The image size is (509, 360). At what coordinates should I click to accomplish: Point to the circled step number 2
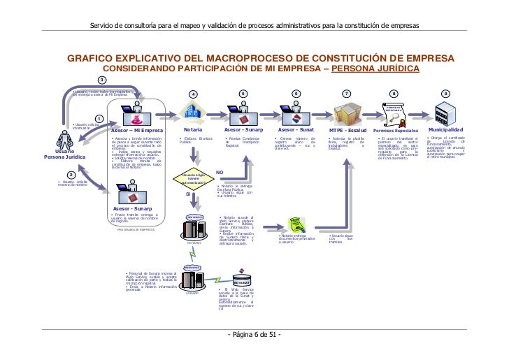tap(71, 175)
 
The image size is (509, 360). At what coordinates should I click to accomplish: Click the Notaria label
tap(194, 130)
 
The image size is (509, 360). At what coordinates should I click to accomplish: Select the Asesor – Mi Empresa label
tap(137, 131)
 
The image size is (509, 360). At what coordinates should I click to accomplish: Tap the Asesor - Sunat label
tap(296, 130)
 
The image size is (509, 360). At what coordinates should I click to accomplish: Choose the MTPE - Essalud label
tap(347, 131)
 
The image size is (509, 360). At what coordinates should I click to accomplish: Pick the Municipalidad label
tap(445, 130)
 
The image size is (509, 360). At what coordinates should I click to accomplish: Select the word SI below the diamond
tap(188, 195)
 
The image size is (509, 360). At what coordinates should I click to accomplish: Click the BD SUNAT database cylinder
tap(242, 278)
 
